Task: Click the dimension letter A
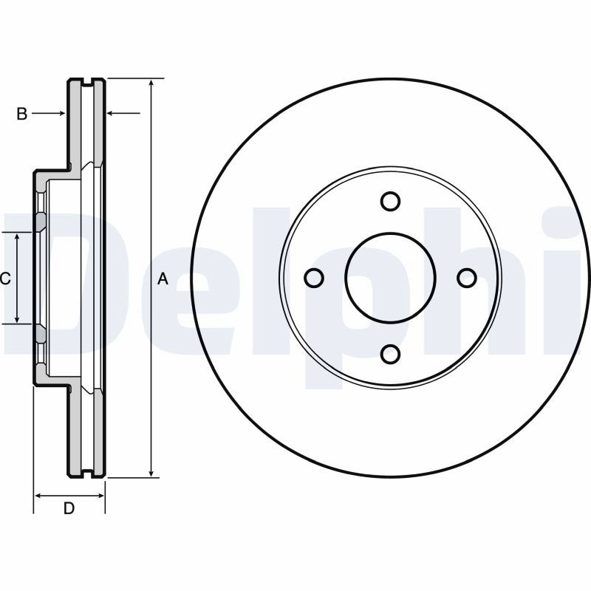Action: pos(163,279)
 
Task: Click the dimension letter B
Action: pos(22,114)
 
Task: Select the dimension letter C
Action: pos(5,279)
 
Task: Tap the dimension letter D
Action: pos(69,508)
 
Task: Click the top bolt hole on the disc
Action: pos(390,201)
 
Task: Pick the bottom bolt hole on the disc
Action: pos(390,355)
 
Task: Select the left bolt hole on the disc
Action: pos(313,279)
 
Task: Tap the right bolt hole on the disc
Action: pos(467,278)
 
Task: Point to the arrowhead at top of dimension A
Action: pos(151,83)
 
